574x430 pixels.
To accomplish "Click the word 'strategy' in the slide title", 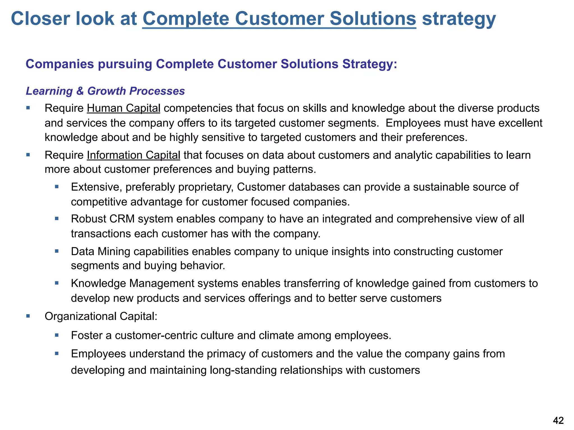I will (x=459, y=19).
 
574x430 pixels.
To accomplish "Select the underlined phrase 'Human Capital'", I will (x=123, y=108).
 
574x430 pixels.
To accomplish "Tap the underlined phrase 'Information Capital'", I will (x=133, y=155).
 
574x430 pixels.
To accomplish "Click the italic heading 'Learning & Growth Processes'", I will (x=105, y=91).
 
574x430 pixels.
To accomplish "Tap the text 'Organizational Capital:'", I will (x=101, y=316).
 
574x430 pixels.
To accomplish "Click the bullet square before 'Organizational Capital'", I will (x=28, y=316).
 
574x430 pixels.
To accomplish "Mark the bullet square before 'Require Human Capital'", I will (x=28, y=108).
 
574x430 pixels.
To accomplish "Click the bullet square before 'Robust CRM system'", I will (x=57, y=218).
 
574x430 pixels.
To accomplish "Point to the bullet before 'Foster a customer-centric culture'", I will (x=57, y=335).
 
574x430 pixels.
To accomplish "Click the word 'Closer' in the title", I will (x=41, y=19).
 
